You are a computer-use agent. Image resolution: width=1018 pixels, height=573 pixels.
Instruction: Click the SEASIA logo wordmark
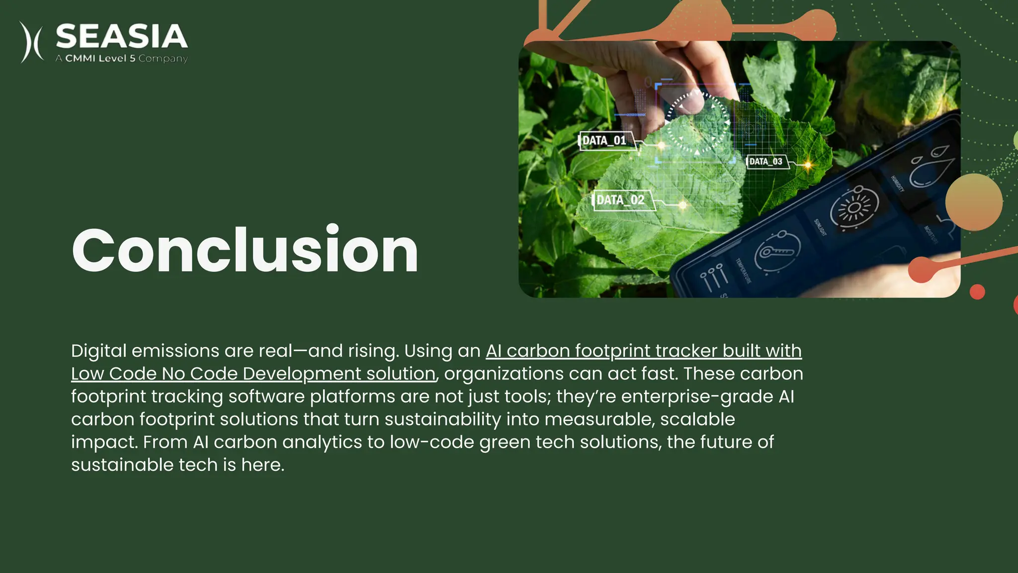(121, 36)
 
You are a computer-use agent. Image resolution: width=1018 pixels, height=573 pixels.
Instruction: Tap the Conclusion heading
(245, 250)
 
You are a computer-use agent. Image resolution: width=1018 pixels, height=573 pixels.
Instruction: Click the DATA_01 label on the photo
(604, 141)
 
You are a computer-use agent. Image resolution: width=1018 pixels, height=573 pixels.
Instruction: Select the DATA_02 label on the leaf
(620, 200)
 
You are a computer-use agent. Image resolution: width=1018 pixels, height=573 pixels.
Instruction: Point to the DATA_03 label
(766, 162)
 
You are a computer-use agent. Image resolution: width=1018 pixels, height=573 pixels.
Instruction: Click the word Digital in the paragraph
(98, 351)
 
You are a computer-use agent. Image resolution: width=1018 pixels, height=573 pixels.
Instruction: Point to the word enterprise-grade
(697, 397)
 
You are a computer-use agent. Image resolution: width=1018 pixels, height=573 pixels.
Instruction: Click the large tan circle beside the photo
(973, 201)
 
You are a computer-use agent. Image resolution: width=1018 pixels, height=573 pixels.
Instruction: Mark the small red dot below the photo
(977, 292)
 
